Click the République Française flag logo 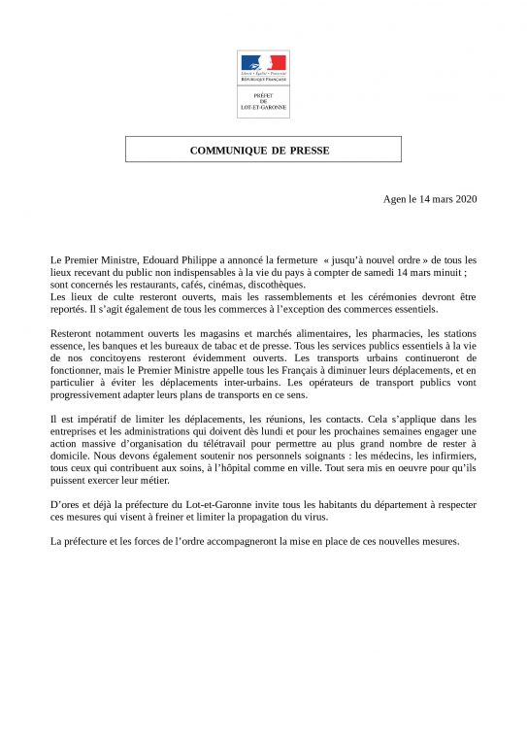point(263,66)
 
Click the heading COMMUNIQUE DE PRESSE point(263,150)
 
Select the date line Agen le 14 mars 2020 point(431,198)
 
